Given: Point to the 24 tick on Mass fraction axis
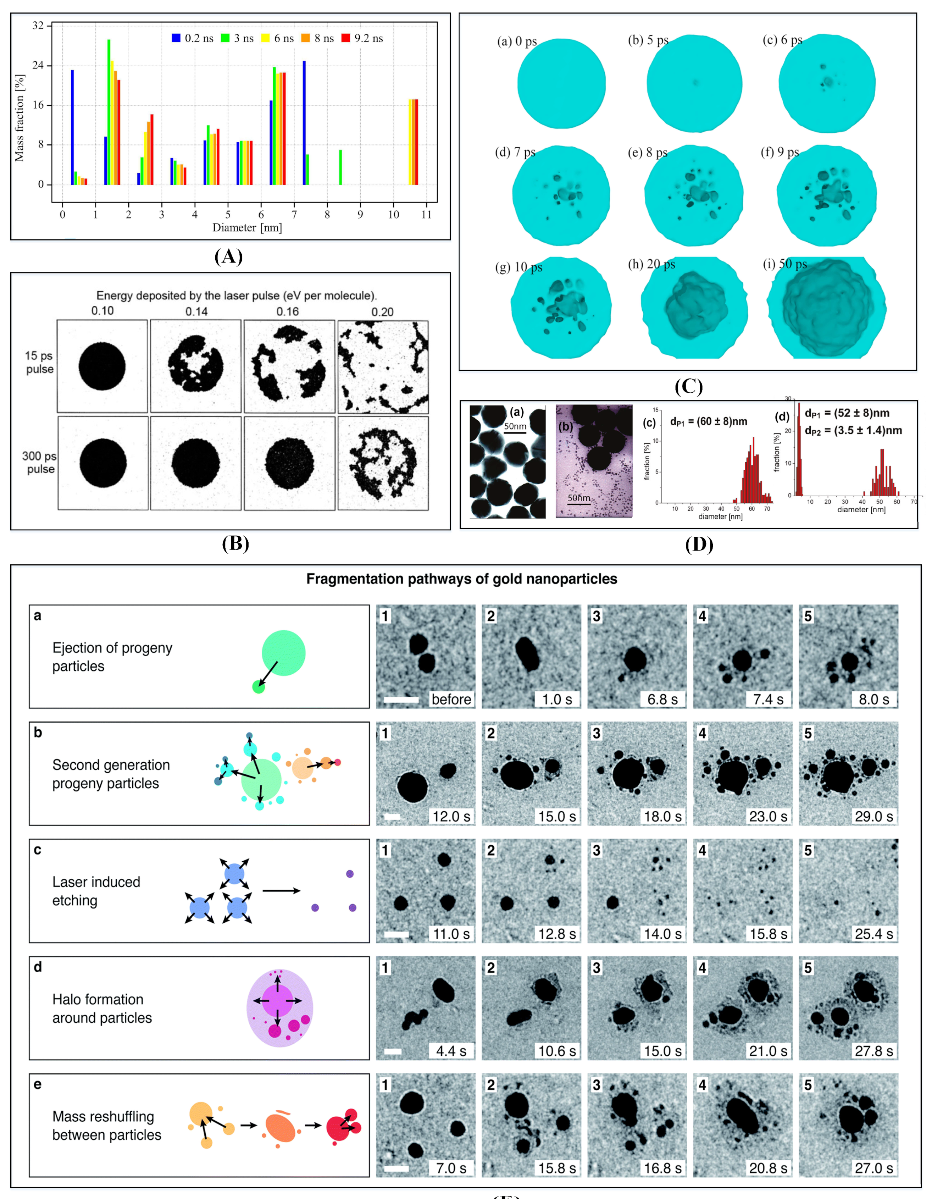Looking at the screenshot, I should click(38, 65).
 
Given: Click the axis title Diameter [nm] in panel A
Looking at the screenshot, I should click(247, 227).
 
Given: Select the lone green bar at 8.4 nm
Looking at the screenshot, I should click(340, 167).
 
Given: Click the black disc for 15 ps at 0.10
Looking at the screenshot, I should click(102, 366).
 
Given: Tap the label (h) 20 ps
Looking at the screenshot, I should click(651, 264).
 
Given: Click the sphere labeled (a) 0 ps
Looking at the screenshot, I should click(561, 83).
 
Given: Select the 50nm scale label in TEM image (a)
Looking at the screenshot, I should click(515, 426).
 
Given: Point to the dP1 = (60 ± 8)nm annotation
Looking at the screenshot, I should click(708, 422).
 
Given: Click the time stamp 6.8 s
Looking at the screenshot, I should click(662, 700).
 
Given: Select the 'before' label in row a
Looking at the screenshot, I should click(451, 700).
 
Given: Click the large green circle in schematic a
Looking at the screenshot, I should click(283, 652).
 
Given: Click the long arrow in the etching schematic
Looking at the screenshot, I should click(281, 890).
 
